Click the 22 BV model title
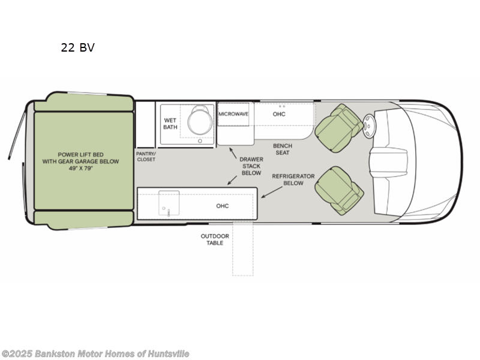[77, 47]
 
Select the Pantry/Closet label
[145, 156]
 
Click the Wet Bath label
[170, 124]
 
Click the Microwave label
[233, 113]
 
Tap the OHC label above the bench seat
[279, 114]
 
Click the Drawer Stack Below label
[251, 165]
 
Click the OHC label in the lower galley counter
[223, 206]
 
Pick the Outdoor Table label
[211, 239]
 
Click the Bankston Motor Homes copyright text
[95, 354]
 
